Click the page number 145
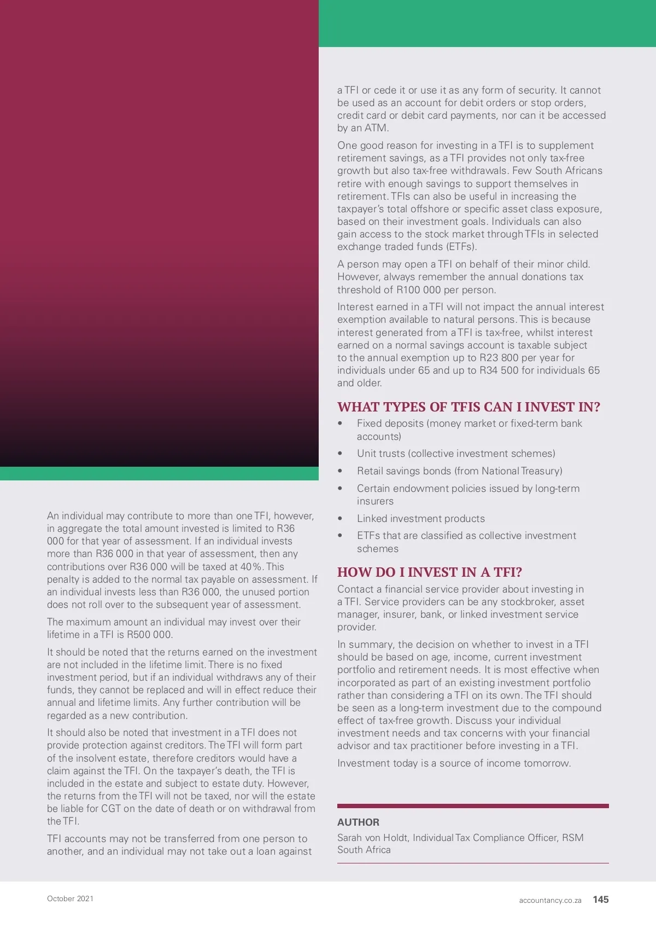(600, 899)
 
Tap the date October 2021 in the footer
(70, 898)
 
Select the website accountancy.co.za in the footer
(550, 900)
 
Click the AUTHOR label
(358, 822)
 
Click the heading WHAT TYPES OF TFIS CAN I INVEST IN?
(468, 407)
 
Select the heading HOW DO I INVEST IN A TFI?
(429, 572)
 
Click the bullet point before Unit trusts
(340, 454)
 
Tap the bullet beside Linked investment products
(340, 519)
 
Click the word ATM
(376, 128)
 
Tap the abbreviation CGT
(110, 809)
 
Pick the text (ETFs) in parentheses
(461, 247)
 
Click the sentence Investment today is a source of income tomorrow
(454, 763)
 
